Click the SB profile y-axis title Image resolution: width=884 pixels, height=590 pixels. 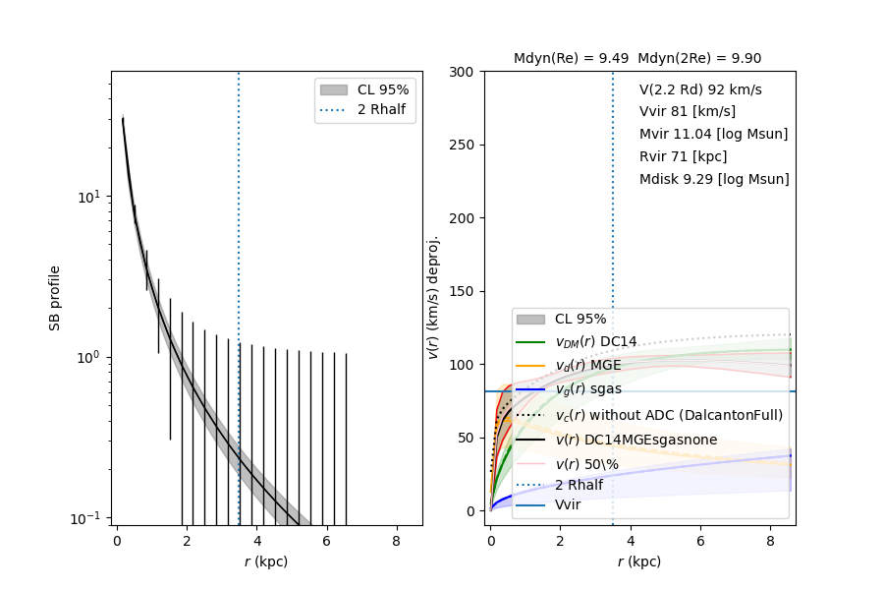click(56, 298)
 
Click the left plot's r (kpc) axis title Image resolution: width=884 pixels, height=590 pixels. click(266, 562)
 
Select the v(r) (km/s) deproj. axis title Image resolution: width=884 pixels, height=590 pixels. click(433, 298)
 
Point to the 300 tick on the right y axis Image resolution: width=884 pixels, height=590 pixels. click(462, 72)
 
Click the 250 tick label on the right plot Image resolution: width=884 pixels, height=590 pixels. click(462, 145)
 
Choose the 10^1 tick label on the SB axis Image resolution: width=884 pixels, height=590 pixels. click(87, 197)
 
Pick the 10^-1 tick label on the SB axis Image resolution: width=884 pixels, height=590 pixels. click(87, 518)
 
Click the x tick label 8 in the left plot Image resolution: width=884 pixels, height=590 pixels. click(396, 541)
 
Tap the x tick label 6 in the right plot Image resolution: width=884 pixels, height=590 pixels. click(700, 541)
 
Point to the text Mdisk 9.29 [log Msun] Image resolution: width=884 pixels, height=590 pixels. click(714, 179)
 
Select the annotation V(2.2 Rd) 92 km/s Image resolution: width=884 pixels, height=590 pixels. click(700, 89)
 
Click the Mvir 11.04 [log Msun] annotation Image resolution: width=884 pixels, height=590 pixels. click(713, 134)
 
